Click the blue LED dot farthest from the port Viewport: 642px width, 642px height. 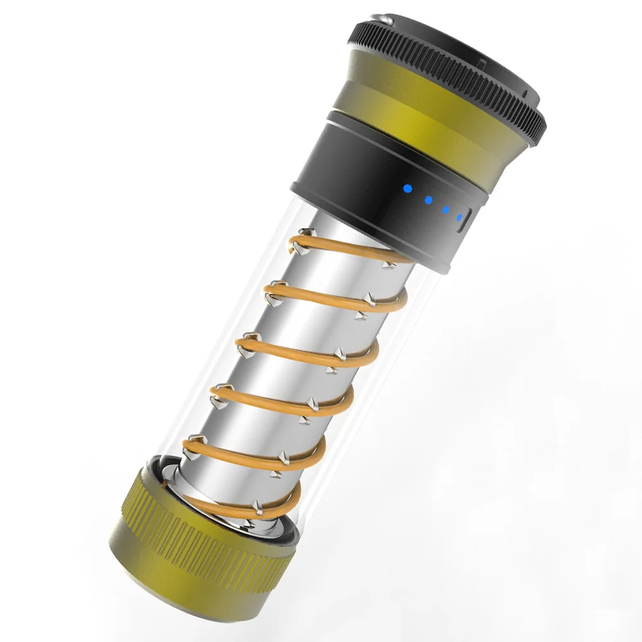406,189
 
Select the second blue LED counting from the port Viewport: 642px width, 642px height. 445,209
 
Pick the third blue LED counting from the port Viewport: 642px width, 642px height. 427,200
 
